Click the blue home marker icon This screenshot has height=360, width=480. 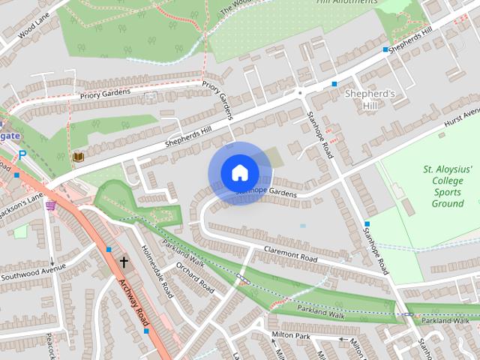coord(239,173)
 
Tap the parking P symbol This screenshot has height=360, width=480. coord(22,154)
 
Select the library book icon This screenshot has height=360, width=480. coord(78,157)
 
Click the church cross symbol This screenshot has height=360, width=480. coord(124,262)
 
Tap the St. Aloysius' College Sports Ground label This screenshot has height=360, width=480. coord(448,186)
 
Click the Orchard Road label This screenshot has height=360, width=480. coord(195,277)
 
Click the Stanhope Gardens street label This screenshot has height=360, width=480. coord(265,192)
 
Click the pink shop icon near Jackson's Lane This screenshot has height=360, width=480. coord(50,205)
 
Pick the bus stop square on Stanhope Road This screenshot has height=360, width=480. coord(367,224)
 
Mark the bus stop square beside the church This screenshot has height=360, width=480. coord(109,249)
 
